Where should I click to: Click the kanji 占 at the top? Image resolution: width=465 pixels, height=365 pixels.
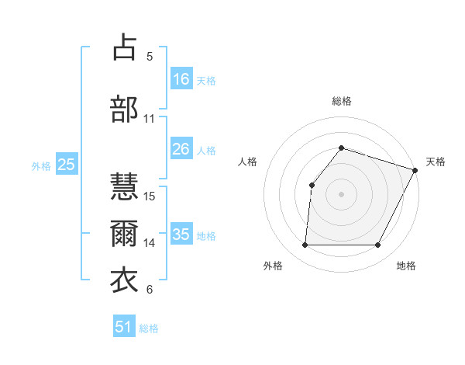(x=124, y=47)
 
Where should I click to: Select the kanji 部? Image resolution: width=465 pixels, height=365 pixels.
(x=124, y=109)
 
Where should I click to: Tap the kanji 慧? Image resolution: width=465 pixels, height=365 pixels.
(x=124, y=186)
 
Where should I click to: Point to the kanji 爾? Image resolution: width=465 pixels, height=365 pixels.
(x=124, y=233)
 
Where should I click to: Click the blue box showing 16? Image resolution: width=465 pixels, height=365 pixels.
(x=181, y=79)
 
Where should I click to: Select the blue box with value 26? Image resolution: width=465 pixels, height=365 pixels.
(x=181, y=149)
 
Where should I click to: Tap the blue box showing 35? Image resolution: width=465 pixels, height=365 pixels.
(x=181, y=235)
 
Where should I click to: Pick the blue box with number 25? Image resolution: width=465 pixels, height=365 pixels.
(x=67, y=165)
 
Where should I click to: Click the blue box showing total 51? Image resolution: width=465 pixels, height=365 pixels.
(x=124, y=327)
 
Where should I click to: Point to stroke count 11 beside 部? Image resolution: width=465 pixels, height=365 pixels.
(x=150, y=119)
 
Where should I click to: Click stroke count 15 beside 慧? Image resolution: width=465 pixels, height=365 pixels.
(x=150, y=196)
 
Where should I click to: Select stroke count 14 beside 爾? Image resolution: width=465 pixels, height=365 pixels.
(x=150, y=242)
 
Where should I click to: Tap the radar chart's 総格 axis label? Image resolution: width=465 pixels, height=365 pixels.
(x=342, y=101)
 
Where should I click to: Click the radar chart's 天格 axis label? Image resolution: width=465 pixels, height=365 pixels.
(x=436, y=162)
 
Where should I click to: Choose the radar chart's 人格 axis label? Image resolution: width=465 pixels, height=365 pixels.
(x=248, y=162)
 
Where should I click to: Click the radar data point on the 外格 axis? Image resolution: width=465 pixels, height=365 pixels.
(x=305, y=245)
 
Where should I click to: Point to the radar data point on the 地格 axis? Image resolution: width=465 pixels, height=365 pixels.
(x=378, y=245)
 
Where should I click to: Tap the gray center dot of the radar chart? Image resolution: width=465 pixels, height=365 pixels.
(x=341, y=193)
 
